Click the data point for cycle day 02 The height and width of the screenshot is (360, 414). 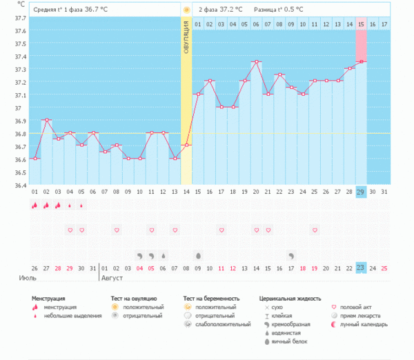click(x=47, y=120)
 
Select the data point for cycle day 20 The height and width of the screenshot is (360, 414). click(x=256, y=61)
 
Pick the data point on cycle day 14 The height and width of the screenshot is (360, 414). click(x=186, y=146)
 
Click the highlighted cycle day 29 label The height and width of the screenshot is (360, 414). click(x=361, y=192)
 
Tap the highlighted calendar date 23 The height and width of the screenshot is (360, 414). click(x=361, y=268)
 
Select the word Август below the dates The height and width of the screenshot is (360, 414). click(x=115, y=279)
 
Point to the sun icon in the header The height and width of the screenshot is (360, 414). click(x=186, y=10)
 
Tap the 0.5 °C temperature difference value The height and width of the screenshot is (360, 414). click(x=304, y=10)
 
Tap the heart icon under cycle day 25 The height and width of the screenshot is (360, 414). click(x=315, y=230)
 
